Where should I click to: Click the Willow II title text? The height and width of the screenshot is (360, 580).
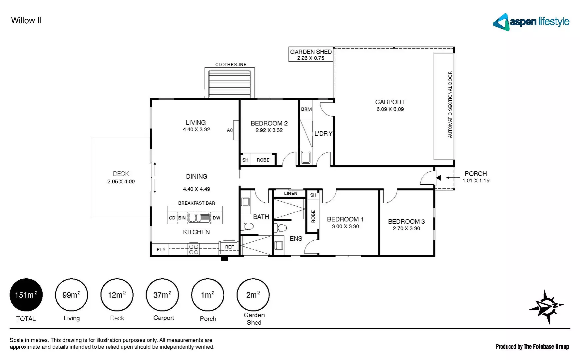click(x=26, y=21)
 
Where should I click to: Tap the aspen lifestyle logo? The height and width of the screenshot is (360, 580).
click(x=531, y=22)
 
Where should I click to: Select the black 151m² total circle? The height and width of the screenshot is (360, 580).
click(x=26, y=295)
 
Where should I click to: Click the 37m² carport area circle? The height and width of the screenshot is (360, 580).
click(x=162, y=295)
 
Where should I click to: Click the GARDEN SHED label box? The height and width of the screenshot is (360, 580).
click(x=311, y=54)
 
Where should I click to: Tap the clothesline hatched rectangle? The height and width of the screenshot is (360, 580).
click(x=230, y=84)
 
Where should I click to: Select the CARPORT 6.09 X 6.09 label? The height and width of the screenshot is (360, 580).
click(x=390, y=105)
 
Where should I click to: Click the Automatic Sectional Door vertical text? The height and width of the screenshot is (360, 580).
click(x=450, y=105)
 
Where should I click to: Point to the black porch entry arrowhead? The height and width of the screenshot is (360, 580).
click(x=438, y=178)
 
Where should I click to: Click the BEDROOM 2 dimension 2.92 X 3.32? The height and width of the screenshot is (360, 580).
click(x=269, y=130)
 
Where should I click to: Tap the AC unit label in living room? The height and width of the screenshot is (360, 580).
click(x=230, y=130)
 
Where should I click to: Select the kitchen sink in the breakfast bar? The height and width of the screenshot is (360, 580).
click(x=199, y=218)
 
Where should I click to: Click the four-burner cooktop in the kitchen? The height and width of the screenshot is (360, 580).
click(x=194, y=249)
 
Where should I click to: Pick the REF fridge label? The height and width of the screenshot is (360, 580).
click(x=229, y=247)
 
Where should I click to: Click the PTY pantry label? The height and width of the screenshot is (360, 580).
click(x=161, y=249)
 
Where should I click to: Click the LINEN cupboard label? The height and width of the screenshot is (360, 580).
click(x=290, y=193)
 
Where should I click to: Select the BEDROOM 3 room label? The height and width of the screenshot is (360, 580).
click(x=406, y=222)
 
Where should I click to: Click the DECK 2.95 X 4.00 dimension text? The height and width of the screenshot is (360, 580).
click(x=121, y=182)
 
